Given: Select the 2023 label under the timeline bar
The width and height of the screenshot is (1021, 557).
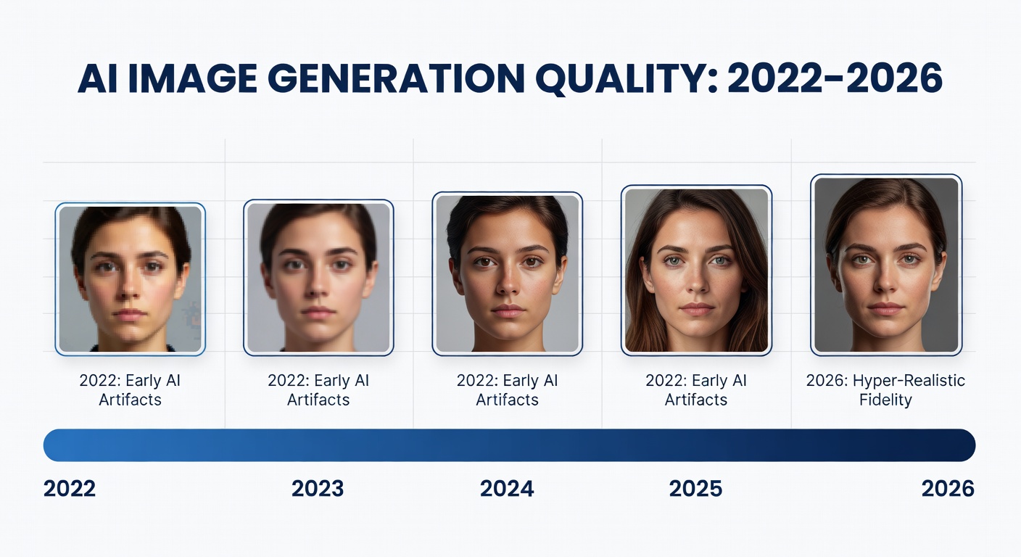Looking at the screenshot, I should coord(318,488).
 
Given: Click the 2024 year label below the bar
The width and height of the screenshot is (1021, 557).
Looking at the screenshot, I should coord(507,488).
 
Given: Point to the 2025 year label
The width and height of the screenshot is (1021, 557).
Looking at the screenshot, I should coord(695,488).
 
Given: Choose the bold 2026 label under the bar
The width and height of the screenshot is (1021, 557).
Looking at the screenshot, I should coord(948,488).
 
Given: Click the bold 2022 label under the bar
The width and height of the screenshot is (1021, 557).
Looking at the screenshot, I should coord(70,488).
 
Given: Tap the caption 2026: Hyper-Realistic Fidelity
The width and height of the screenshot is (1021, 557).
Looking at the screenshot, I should coord(885,390).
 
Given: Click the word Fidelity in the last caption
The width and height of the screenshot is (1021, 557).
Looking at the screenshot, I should coord(885,400).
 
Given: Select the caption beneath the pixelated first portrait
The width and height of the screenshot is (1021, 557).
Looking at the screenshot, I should coord(131,390).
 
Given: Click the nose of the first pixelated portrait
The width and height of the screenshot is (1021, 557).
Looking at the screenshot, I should coord(131,290).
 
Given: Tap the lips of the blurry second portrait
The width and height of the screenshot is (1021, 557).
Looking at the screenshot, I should coord(318,313).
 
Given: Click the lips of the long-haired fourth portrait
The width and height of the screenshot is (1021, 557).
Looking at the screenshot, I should coord(697,309).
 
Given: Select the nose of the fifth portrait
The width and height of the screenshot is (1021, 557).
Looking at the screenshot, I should coord(886,283).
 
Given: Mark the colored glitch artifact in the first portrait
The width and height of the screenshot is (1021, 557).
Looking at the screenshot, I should coord(191,315).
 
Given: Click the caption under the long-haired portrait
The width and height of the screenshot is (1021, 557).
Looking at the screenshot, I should coord(696,390).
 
